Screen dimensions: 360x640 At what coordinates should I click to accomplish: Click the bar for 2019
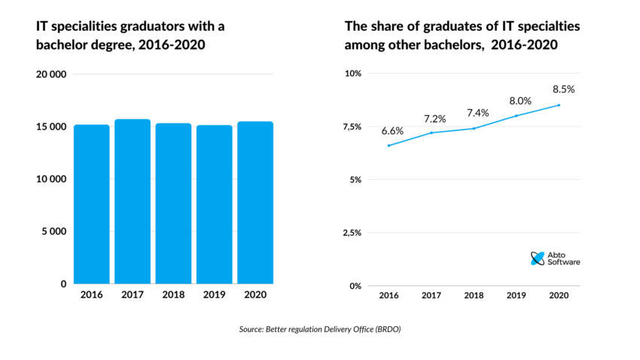tap(214, 204)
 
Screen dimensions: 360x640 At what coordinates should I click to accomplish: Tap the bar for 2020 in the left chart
tap(254, 203)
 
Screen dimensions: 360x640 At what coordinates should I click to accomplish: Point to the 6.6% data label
tap(392, 130)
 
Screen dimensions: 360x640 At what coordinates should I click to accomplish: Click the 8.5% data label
tap(562, 89)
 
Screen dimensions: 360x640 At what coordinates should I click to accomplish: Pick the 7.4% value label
tap(477, 112)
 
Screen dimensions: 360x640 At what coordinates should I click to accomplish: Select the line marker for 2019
tap(517, 116)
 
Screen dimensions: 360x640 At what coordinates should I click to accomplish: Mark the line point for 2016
tap(389, 145)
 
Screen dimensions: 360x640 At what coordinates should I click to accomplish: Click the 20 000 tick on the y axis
tap(52, 75)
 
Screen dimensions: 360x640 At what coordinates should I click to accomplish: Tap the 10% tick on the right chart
tap(353, 74)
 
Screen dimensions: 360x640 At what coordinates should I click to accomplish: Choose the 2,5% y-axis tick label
tap(352, 233)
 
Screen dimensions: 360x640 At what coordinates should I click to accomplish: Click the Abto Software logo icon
tap(538, 258)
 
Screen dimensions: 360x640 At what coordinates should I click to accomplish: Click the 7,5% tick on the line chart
tap(352, 127)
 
